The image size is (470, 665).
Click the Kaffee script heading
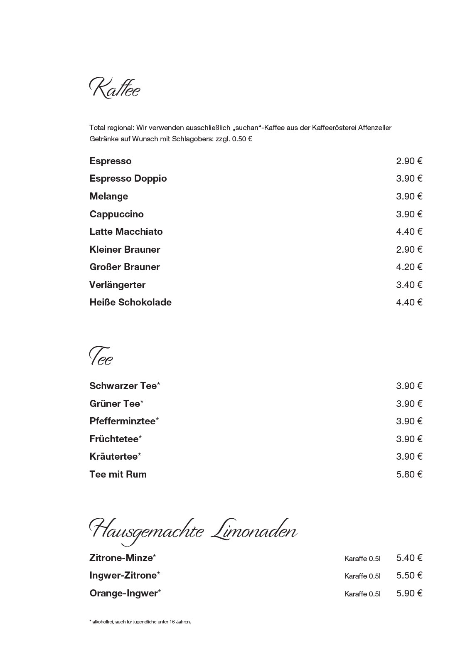click(x=115, y=89)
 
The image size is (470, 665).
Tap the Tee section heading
click(x=101, y=357)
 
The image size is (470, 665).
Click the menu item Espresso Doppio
click(x=128, y=179)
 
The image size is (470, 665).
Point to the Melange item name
click(x=108, y=196)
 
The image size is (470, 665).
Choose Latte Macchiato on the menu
click(x=126, y=232)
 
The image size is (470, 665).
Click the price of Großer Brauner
click(x=409, y=267)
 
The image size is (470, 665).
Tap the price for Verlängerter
click(x=409, y=285)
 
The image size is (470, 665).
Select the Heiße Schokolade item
click(x=130, y=302)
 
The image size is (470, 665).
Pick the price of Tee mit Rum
click(x=409, y=474)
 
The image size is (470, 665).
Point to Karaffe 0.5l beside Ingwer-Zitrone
click(x=362, y=576)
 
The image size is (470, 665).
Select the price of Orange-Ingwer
click(x=409, y=593)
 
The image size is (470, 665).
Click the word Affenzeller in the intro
click(x=372, y=128)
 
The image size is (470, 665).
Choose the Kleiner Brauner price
click(x=409, y=249)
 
